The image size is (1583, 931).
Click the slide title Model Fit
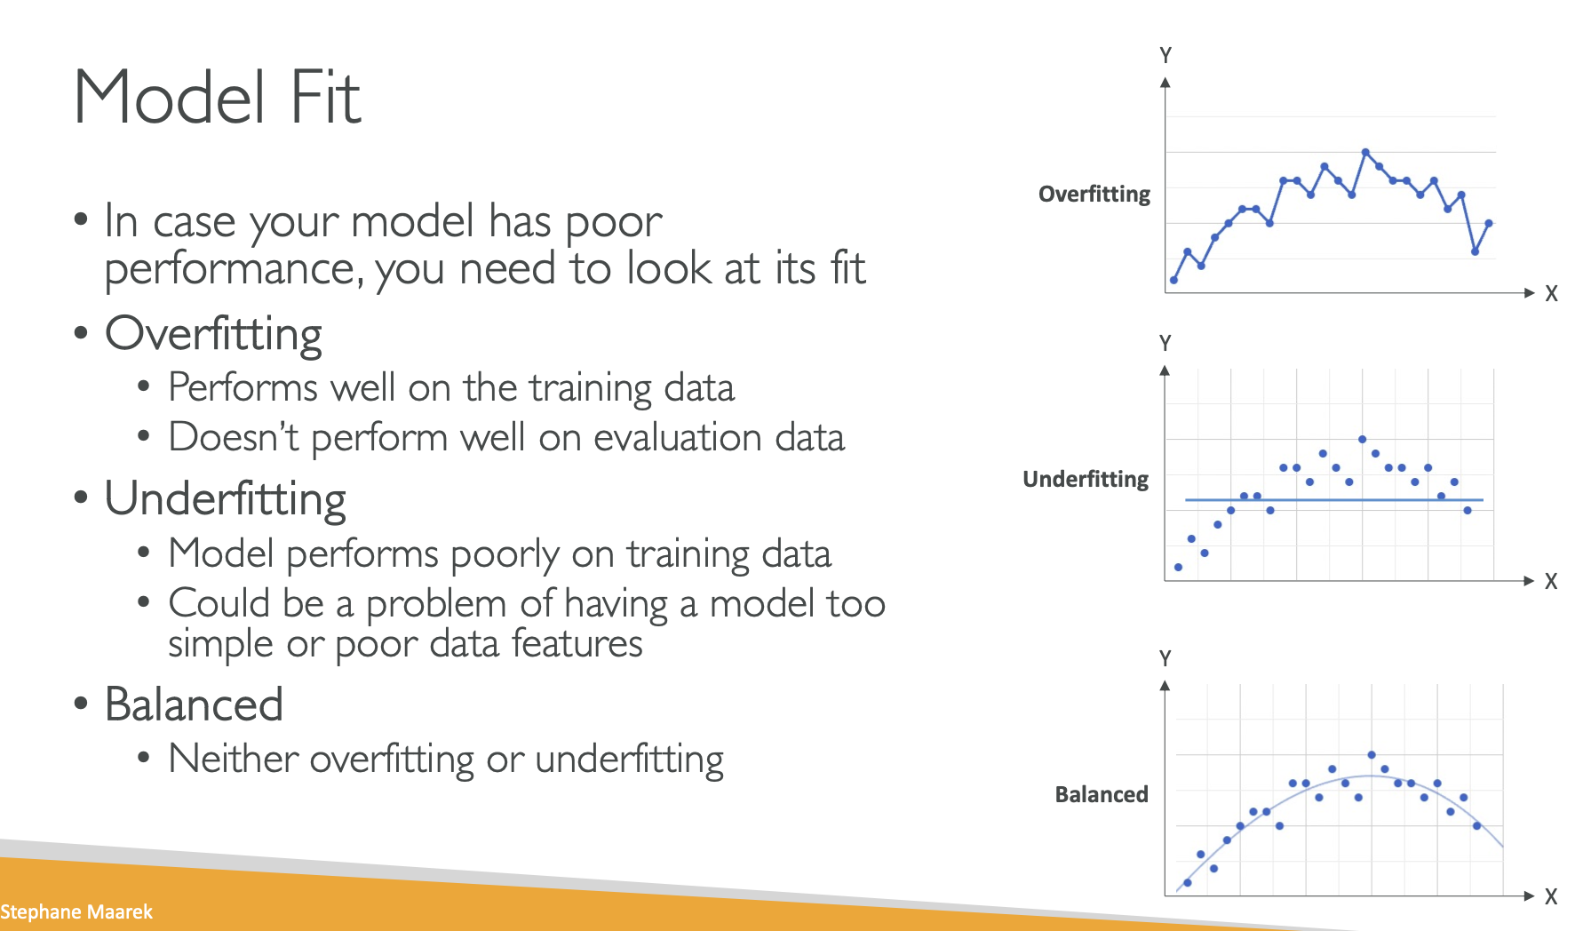[217, 97]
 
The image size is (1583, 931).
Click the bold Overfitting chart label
[1094, 195]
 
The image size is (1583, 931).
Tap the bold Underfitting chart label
[1086, 480]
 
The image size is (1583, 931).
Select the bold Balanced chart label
[1102, 794]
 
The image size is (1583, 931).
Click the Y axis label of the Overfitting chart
[1165, 55]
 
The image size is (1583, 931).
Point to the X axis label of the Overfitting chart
[1551, 293]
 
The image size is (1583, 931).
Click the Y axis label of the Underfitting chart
[1165, 343]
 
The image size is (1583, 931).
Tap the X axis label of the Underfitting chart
[1551, 581]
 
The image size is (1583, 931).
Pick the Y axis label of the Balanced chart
[1165, 658]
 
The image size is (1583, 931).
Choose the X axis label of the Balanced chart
[1551, 896]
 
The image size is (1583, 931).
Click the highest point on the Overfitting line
[1365, 152]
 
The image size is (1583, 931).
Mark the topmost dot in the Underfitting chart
[1362, 439]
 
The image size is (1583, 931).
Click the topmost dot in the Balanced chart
[1372, 755]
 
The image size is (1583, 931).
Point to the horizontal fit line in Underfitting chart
[1334, 500]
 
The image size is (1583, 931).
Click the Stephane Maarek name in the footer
[76, 912]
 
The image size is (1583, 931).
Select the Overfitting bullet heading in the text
[213, 334]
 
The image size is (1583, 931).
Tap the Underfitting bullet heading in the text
[226, 498]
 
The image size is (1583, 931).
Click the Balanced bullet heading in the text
[194, 704]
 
